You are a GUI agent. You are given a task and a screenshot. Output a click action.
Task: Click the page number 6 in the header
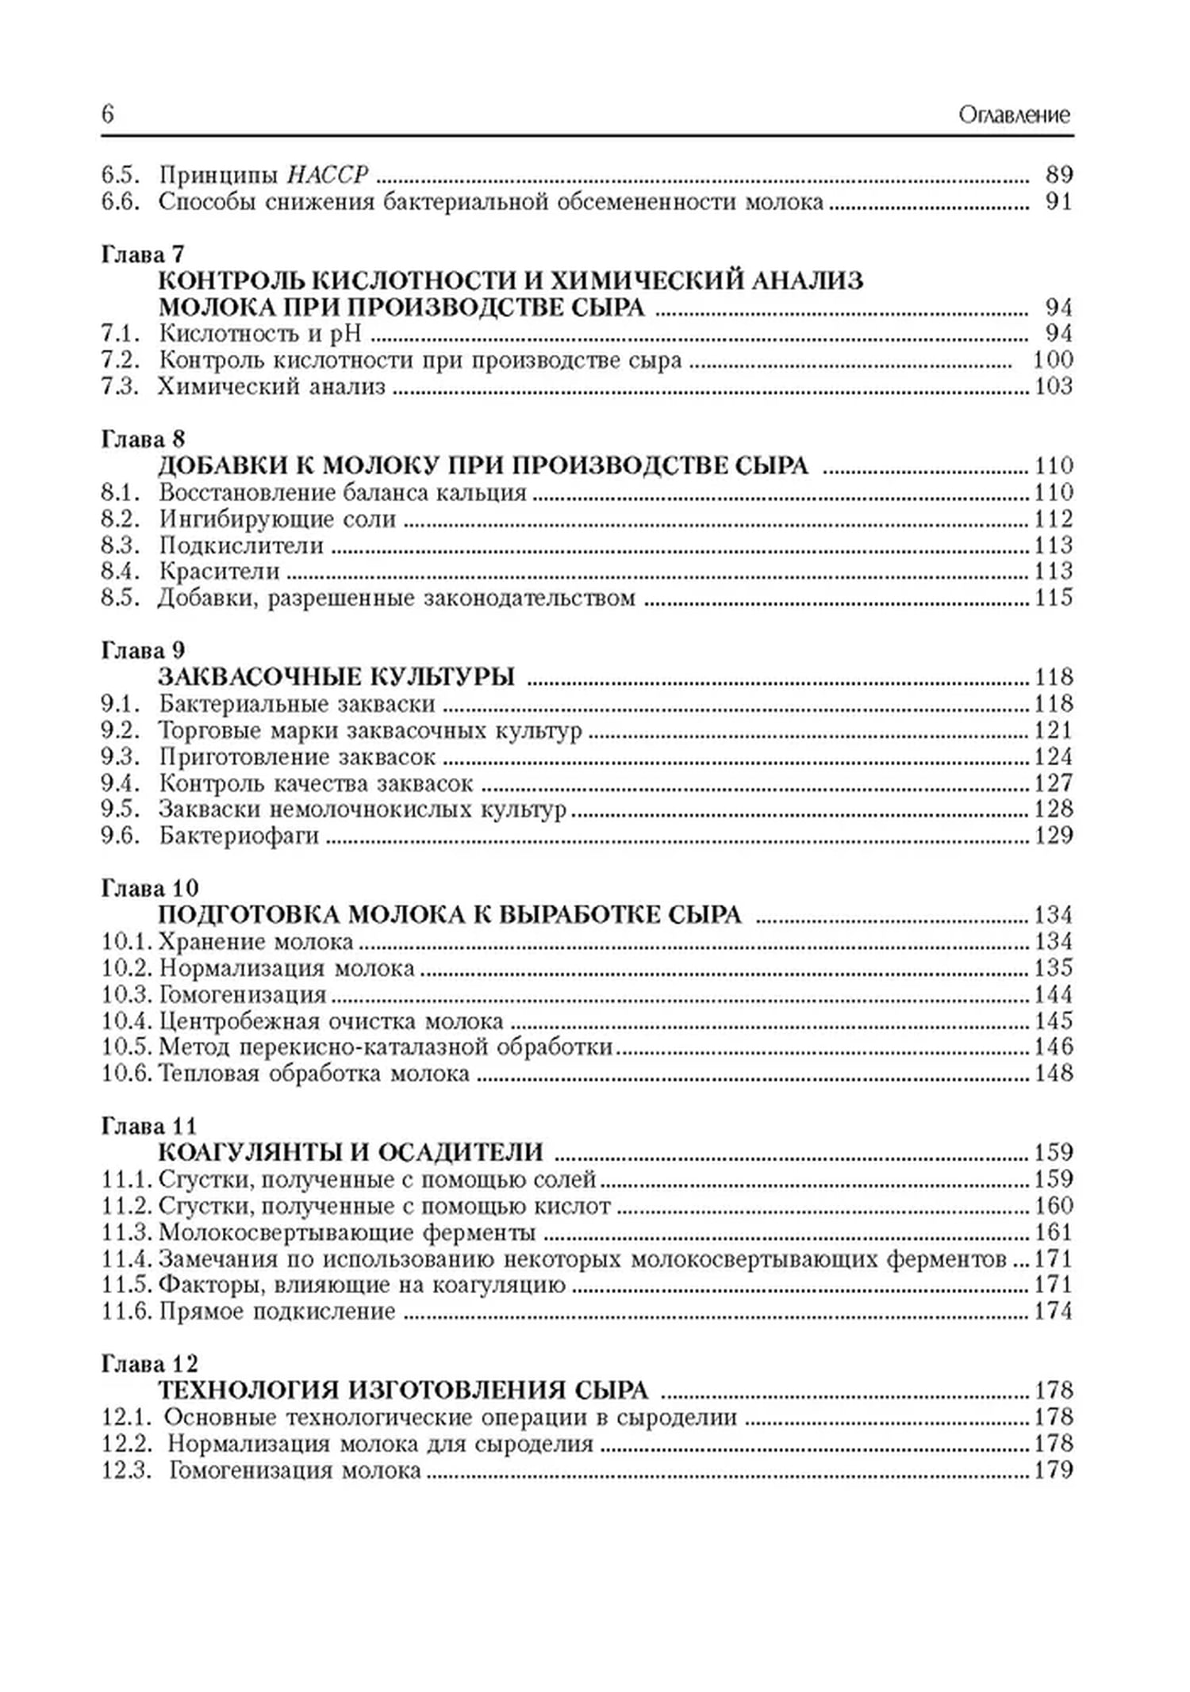click(x=108, y=115)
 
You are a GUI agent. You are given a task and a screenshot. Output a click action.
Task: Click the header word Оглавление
click(x=1014, y=115)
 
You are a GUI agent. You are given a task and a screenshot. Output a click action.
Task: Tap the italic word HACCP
click(x=327, y=174)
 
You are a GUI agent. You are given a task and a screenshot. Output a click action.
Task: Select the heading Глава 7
click(x=143, y=254)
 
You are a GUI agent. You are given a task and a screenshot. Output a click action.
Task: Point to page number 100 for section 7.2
click(x=1053, y=359)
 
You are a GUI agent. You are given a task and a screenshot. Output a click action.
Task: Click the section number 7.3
click(x=120, y=386)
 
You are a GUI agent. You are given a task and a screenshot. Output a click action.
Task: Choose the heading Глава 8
click(x=143, y=438)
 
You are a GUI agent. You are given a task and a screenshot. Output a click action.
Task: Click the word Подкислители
click(x=241, y=545)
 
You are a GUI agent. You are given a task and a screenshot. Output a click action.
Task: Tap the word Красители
click(x=219, y=571)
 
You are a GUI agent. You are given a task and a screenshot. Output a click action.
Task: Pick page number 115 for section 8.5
click(x=1053, y=597)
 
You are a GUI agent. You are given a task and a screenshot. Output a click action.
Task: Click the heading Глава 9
click(x=143, y=650)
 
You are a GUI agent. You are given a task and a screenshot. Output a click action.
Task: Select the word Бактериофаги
click(x=239, y=835)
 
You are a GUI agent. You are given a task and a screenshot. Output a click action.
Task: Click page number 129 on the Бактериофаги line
click(x=1053, y=835)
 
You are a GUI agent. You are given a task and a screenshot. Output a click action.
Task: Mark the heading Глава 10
click(x=149, y=888)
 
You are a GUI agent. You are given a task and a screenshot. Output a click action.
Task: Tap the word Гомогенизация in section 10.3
click(x=243, y=994)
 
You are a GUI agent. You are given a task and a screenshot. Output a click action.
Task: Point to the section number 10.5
click(x=126, y=1047)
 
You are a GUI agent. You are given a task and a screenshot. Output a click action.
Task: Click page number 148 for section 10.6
click(x=1053, y=1074)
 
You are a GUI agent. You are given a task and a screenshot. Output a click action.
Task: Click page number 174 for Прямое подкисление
click(x=1053, y=1311)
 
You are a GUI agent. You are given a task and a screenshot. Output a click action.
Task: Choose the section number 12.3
click(x=126, y=1470)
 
